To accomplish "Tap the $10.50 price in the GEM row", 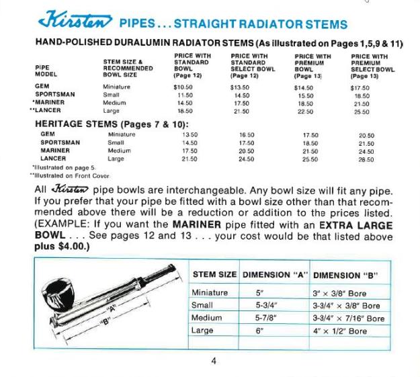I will (183, 87).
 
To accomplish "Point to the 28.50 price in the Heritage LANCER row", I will (367, 160).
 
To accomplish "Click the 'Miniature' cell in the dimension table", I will (210, 292).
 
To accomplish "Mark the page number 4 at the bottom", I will (213, 362).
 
